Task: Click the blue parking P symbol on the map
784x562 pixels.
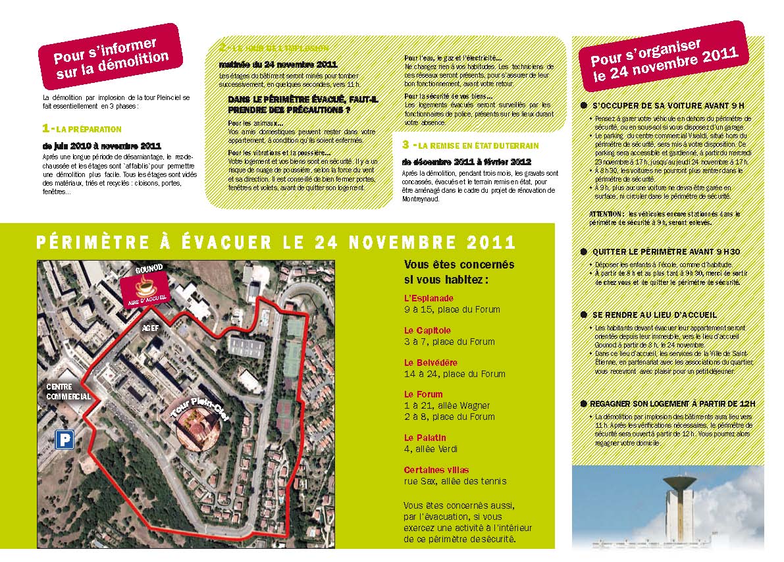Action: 64,440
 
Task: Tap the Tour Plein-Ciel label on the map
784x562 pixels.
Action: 197,414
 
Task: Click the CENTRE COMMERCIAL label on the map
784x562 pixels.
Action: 68,392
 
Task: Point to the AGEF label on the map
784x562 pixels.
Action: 151,326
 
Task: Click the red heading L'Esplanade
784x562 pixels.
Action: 429,298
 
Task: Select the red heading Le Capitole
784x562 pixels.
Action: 427,330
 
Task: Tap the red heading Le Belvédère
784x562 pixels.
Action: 431,363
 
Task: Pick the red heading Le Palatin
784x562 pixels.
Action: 425,438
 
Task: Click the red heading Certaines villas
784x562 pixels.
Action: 436,470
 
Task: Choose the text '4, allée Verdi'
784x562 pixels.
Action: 431,449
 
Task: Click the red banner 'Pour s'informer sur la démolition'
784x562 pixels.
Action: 110,57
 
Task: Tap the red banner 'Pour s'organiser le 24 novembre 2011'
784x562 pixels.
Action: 664,58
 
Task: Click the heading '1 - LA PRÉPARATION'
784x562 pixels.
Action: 82,129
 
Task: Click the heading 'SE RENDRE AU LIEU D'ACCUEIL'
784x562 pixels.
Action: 654,315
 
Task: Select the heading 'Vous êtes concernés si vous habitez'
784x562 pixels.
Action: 459,272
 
